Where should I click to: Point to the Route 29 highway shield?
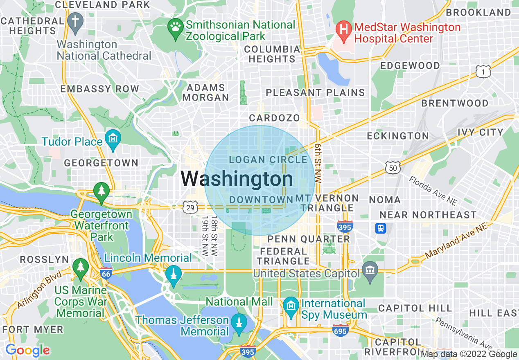[x=190, y=207]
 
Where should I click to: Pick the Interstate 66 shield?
[x=106, y=274]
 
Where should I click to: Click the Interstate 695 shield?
[x=340, y=330]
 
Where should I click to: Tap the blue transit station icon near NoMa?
[x=381, y=228]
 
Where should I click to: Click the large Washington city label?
[x=237, y=179]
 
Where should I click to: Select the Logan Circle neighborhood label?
[x=268, y=160]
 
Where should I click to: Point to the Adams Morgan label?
[x=205, y=92]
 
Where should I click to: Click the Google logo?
[x=27, y=350]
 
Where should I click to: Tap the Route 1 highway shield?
[x=483, y=72]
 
